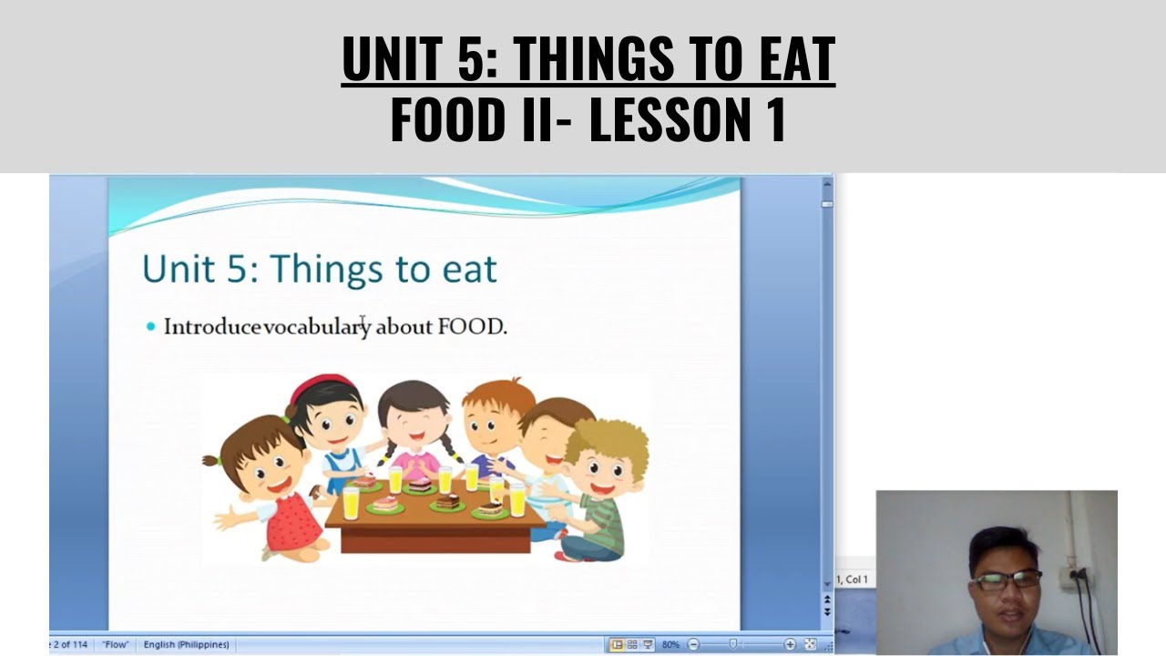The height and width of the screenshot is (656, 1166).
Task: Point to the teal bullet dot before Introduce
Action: point(151,326)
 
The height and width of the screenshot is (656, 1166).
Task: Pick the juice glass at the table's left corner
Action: point(351,502)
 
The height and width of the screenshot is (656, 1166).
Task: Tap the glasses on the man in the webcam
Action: point(1007,580)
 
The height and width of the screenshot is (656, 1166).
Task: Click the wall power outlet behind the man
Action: point(1075,577)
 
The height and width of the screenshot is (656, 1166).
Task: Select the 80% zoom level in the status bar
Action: point(670,645)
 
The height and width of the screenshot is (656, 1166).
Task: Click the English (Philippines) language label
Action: point(186,645)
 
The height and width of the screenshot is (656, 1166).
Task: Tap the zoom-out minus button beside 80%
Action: point(693,645)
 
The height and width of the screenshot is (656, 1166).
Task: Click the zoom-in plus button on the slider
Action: point(790,645)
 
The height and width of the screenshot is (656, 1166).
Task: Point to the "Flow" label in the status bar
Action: point(116,645)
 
